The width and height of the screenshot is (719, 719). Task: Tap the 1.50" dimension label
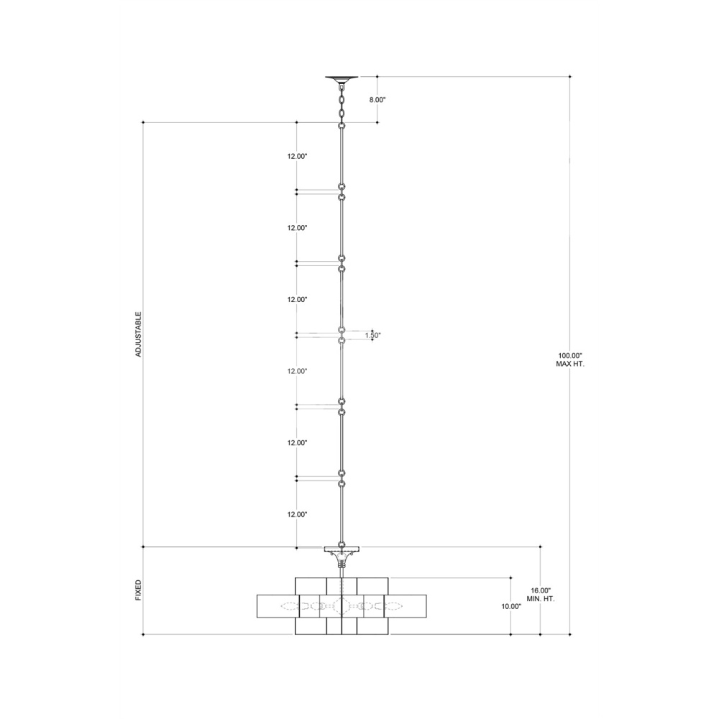372,335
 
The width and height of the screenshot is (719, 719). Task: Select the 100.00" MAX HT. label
570,359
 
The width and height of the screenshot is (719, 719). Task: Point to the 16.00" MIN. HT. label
540,595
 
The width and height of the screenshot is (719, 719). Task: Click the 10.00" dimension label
511,606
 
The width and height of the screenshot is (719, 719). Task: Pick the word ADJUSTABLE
139,334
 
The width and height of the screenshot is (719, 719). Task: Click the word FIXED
139,590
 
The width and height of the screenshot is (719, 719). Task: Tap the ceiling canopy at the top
342,79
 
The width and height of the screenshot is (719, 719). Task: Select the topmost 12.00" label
297,156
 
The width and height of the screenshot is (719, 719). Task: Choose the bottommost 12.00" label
297,515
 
